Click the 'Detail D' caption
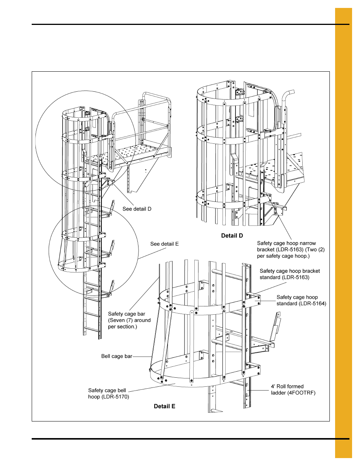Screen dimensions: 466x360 [x=232, y=236]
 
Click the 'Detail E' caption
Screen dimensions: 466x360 [x=165, y=406]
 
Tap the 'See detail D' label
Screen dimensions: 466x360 [x=137, y=209]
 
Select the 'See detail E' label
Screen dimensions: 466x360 [x=164, y=244]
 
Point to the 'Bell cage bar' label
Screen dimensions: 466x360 [x=117, y=356]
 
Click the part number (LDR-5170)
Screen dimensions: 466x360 [x=115, y=397]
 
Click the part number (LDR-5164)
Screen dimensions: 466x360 [x=312, y=304]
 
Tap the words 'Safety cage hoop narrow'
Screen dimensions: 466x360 [x=286, y=243]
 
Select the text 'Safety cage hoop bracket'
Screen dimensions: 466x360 [x=289, y=271]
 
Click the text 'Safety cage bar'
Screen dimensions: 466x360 [x=126, y=314]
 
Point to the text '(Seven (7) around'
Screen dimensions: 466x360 [x=129, y=320]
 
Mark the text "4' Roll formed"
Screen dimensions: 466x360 [x=287, y=386]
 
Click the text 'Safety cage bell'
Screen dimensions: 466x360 [x=107, y=391]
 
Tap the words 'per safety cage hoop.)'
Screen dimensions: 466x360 [x=283, y=256]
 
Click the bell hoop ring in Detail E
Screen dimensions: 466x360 [x=177, y=384]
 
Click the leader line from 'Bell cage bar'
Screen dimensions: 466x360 [x=142, y=357]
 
